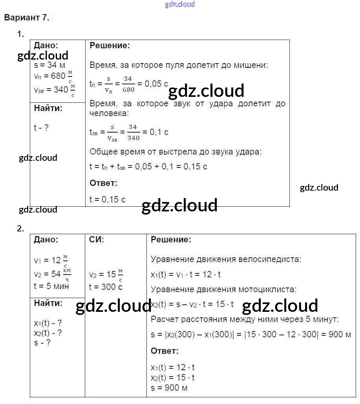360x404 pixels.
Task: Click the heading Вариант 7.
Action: (27, 18)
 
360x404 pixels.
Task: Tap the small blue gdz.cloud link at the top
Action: (180, 4)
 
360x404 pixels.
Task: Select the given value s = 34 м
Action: (49, 65)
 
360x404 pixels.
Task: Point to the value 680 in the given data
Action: (58, 76)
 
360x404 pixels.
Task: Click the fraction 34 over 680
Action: (128, 84)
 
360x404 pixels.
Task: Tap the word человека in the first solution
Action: (108, 113)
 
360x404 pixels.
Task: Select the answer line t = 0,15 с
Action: (108, 199)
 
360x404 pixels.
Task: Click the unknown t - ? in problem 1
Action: (42, 127)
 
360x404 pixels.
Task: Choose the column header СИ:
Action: (97, 239)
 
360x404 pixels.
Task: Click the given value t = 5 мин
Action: (51, 286)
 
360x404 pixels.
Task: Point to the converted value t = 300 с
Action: (106, 287)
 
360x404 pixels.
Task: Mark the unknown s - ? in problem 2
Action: (42, 342)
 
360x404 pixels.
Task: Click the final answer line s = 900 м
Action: (169, 388)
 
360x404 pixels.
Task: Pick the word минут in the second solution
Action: (324, 319)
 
